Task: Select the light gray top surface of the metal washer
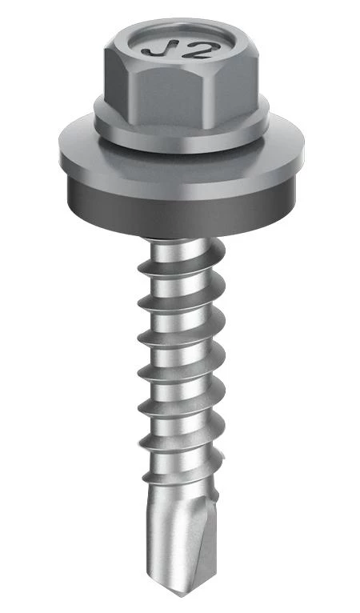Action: click(x=182, y=164)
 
